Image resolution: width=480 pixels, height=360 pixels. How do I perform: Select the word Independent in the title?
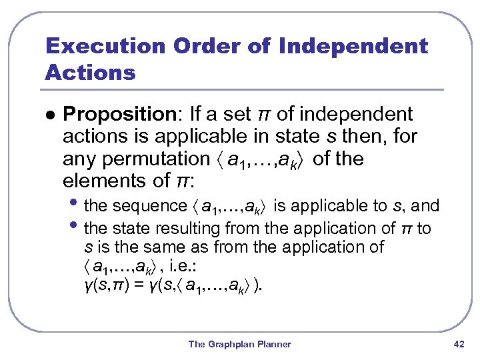click(x=353, y=47)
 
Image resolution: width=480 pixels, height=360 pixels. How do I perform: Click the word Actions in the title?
click(x=90, y=72)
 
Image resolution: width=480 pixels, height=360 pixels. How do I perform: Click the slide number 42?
click(x=459, y=344)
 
